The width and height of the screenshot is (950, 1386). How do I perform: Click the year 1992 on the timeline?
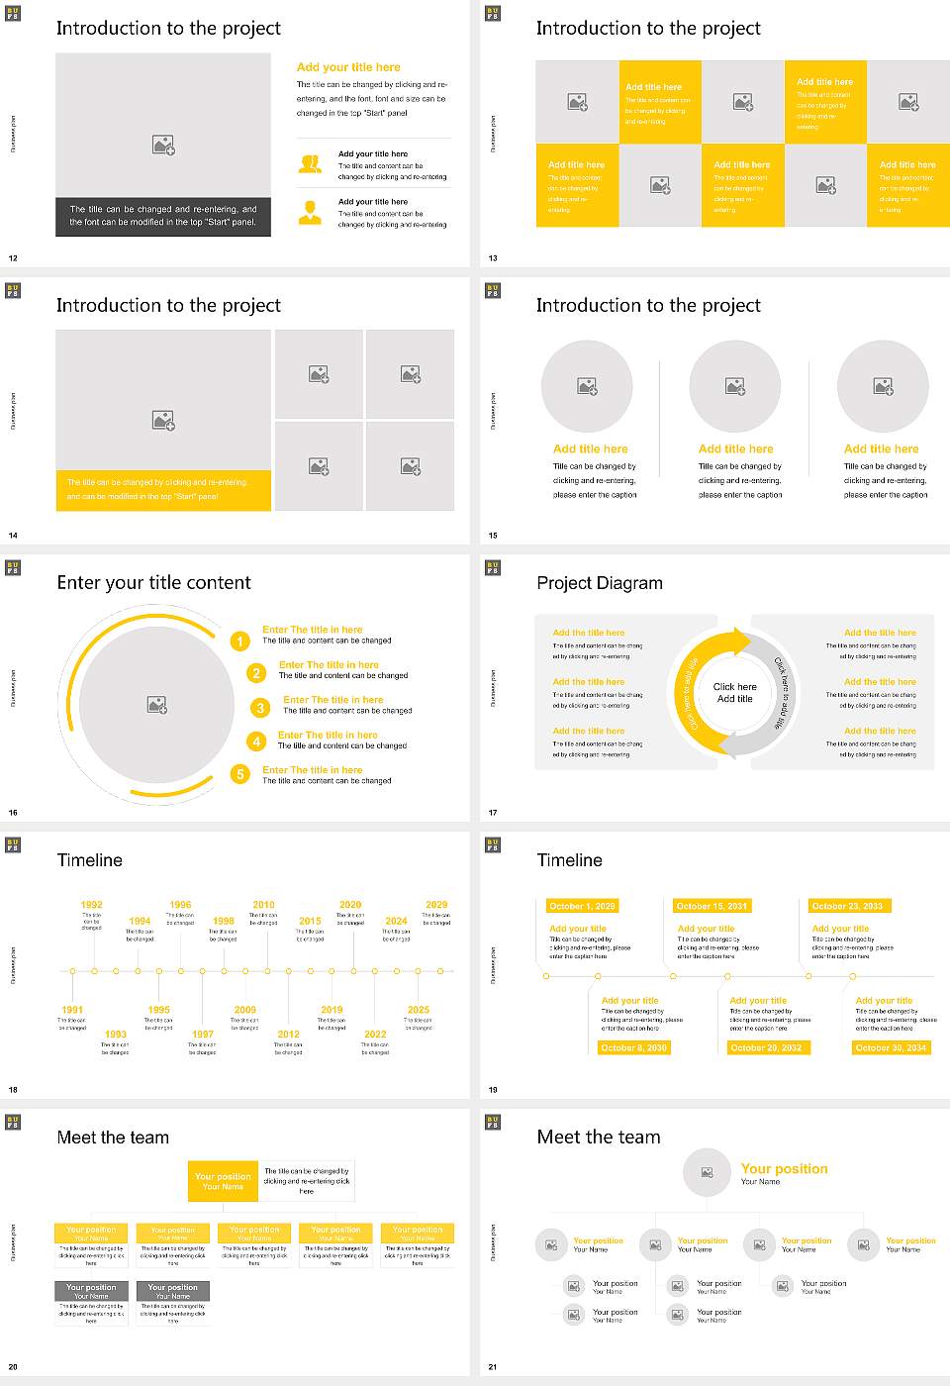91,904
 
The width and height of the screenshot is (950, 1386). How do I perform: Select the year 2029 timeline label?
436,904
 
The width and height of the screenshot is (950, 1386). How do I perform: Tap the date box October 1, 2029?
582,906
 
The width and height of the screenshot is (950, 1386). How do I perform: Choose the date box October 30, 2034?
891,1047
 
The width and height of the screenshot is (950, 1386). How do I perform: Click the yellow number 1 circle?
239,642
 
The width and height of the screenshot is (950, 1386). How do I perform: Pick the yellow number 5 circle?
239,774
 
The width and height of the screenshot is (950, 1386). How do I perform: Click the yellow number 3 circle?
260,708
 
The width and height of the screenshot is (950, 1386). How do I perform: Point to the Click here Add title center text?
734,692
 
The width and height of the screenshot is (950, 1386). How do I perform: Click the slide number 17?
493,813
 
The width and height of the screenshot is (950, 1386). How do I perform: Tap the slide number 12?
13,258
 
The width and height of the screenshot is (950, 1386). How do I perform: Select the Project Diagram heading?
600,583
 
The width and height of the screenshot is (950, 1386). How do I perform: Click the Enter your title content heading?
153,583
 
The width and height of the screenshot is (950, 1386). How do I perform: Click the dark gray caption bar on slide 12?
163,216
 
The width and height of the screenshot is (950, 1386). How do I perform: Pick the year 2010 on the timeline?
263,904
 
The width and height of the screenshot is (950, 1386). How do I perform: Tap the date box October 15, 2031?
711,906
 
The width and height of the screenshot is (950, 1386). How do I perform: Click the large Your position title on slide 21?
784,1169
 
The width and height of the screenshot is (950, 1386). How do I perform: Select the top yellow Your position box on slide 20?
223,1181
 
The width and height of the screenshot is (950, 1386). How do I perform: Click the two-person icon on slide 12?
310,165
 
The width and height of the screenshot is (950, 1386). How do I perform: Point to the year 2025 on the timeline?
419,1010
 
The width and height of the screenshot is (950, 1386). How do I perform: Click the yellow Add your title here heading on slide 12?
348,67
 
